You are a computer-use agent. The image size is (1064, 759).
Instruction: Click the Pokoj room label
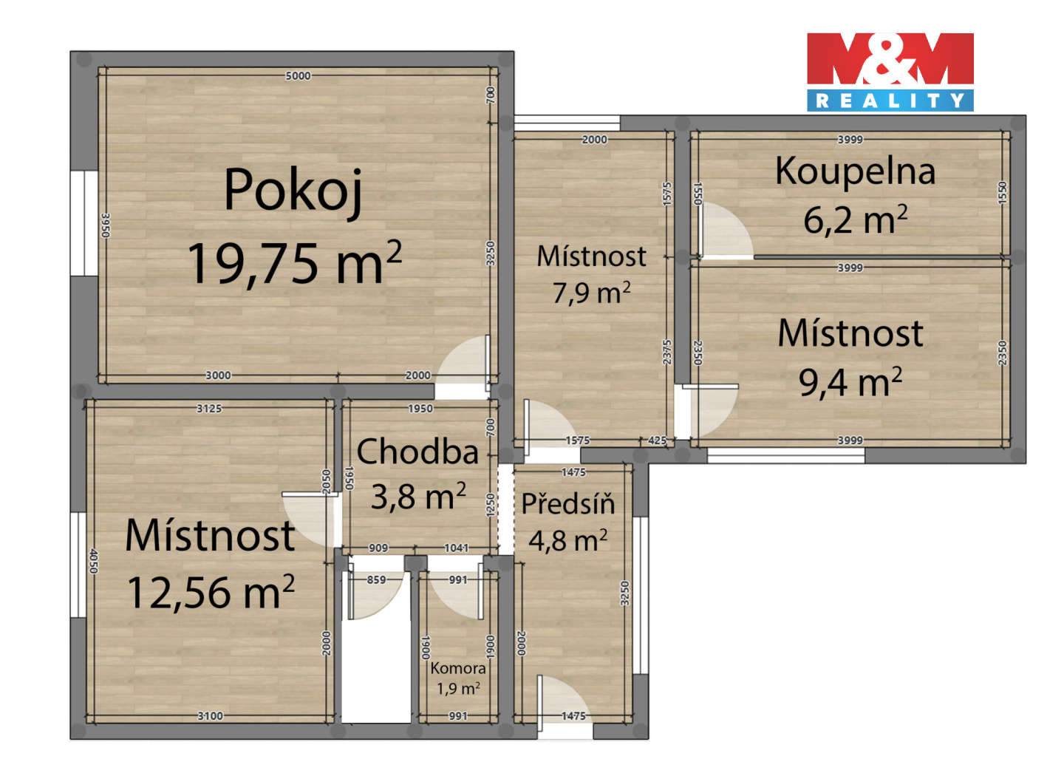(293, 191)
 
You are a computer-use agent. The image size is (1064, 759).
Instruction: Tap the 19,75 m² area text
(295, 262)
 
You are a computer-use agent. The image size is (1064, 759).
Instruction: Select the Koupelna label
(855, 172)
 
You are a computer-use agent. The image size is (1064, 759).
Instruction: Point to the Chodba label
(417, 452)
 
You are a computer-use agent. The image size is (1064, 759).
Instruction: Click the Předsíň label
(568, 503)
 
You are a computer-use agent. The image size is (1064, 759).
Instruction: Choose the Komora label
(458, 668)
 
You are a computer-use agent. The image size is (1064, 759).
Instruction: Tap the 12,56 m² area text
(211, 592)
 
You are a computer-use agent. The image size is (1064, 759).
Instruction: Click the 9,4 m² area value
(850, 381)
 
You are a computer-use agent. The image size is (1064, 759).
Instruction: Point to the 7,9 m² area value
(591, 292)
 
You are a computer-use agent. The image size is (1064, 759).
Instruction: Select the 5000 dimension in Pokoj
(298, 76)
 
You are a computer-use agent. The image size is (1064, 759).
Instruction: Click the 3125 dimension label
(209, 409)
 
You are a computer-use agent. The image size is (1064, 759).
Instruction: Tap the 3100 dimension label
(210, 716)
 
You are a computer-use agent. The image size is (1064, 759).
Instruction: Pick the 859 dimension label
(376, 579)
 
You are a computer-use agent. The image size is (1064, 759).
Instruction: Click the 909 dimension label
(378, 548)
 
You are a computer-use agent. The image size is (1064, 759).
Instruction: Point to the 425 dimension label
(657, 440)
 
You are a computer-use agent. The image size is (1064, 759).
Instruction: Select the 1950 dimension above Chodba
(420, 409)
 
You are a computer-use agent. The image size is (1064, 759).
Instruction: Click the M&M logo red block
(890, 59)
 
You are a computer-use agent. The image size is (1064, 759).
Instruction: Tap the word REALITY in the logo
(890, 101)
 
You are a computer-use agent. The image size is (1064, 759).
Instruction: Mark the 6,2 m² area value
(855, 219)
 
